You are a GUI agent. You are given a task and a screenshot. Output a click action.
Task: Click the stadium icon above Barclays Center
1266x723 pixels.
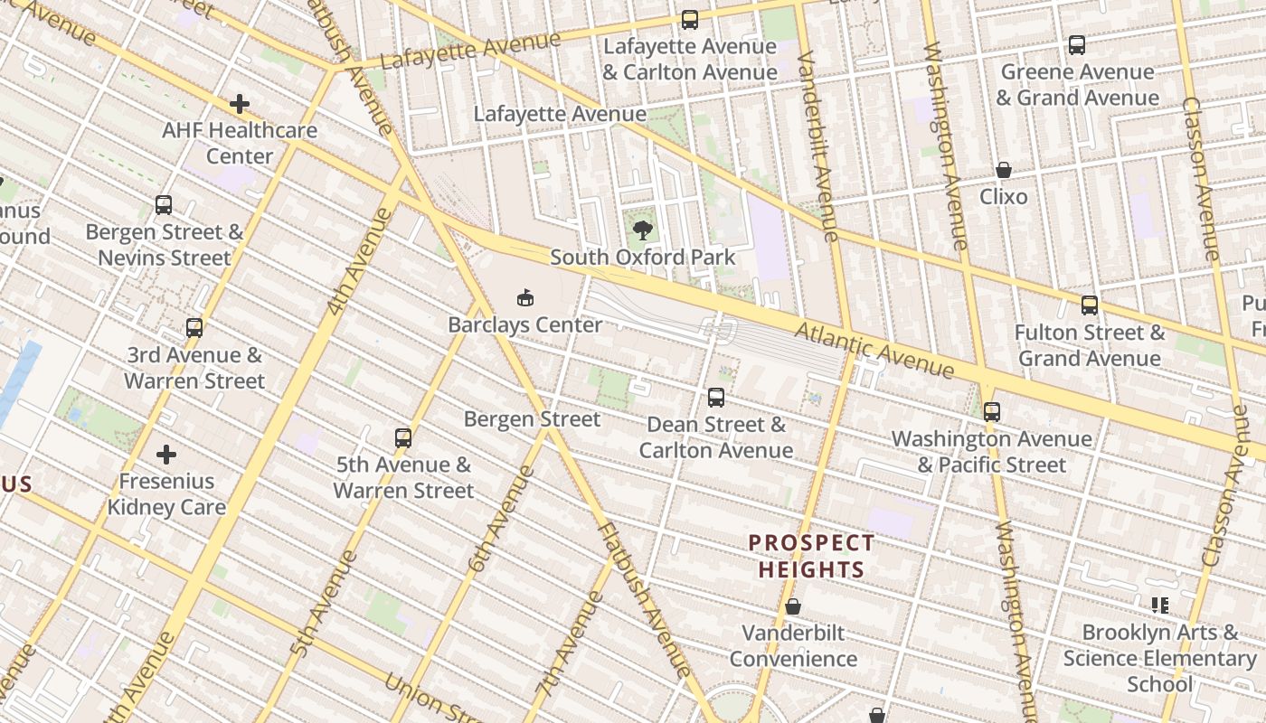point(524,296)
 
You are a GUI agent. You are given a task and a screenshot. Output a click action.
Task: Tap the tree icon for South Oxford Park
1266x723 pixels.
point(643,230)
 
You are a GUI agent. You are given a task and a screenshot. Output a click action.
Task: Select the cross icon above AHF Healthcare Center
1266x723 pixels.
point(239,104)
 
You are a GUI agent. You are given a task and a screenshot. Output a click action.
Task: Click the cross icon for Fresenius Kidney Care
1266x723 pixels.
point(166,454)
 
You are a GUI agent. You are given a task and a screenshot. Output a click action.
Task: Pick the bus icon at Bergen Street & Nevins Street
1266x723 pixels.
point(164,205)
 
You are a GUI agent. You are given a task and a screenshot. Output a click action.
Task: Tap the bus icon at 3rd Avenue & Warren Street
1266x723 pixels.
point(194,328)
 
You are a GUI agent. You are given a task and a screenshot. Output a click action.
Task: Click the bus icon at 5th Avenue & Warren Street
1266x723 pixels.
point(403,438)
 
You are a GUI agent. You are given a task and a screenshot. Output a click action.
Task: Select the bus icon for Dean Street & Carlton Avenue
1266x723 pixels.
point(716,398)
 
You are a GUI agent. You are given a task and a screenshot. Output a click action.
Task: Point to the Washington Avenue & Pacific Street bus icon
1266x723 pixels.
point(992,412)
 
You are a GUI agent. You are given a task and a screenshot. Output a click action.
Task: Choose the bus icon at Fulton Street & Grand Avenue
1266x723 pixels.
point(1090,305)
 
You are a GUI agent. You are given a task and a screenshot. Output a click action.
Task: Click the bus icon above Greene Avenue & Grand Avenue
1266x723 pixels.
point(1076,45)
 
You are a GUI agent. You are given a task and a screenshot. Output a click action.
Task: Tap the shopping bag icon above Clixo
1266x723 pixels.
point(1004,170)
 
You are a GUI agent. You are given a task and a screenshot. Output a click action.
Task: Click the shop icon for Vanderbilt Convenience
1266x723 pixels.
point(793,606)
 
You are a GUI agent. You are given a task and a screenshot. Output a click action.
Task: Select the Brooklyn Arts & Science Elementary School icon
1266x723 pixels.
point(1160,606)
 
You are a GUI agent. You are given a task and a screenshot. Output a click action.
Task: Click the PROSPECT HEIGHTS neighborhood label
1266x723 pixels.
point(811,556)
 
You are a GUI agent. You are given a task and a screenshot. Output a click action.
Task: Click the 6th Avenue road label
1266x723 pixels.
point(501,520)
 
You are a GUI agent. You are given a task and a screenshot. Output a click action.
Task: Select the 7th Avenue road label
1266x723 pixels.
point(569,642)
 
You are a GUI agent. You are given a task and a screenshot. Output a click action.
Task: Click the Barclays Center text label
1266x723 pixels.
point(525,324)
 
